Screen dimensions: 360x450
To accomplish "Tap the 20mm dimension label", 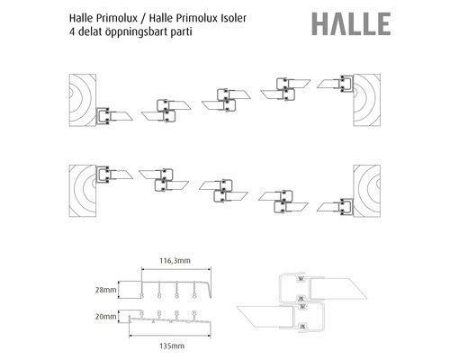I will (109, 317).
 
